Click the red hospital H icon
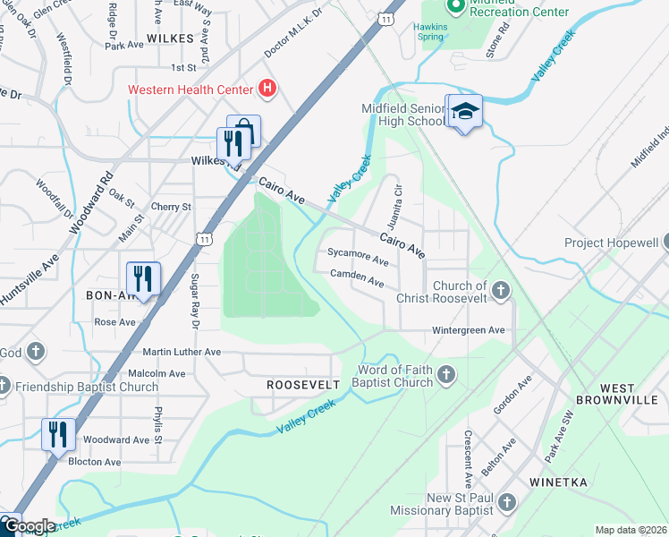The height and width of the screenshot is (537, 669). [x=266, y=89]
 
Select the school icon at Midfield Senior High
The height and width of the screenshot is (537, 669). [x=464, y=112]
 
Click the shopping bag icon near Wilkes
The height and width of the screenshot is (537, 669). [x=244, y=132]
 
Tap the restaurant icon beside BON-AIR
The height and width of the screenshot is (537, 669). [x=143, y=277]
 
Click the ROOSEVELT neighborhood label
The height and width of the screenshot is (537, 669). [x=304, y=384]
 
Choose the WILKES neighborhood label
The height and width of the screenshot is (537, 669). [x=170, y=38]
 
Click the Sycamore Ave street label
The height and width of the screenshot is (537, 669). [x=358, y=257]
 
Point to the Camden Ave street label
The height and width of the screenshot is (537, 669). [x=357, y=278]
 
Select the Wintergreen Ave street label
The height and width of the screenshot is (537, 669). [x=469, y=330]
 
